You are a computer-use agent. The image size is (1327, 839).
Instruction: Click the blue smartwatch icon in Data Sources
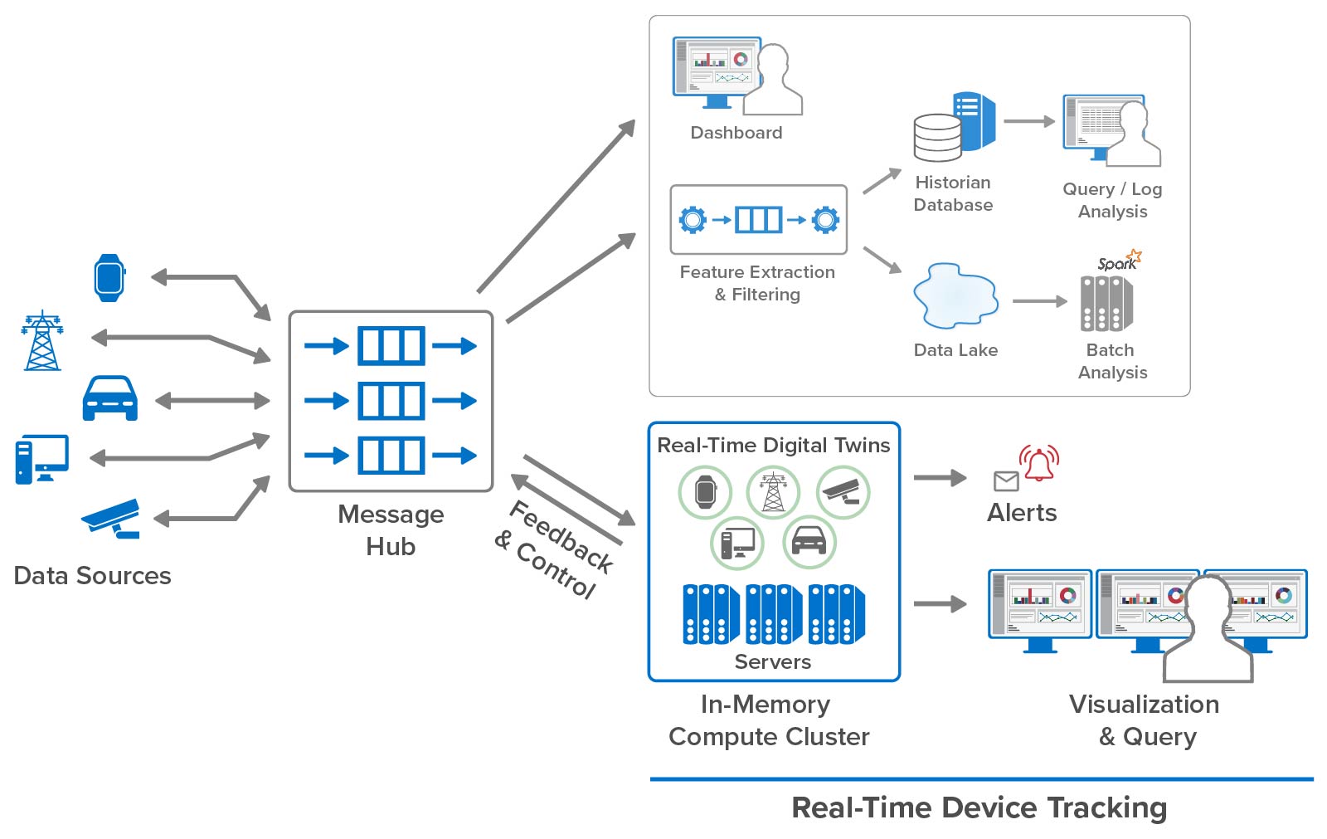[109, 277]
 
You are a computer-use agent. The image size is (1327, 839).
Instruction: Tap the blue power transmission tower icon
[42, 341]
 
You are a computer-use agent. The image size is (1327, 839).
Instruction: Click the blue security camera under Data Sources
[112, 518]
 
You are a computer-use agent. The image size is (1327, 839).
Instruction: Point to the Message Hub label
[391, 530]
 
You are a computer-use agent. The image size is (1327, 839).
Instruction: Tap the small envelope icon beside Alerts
[1006, 480]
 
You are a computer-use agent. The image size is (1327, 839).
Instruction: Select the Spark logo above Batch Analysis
[1119, 261]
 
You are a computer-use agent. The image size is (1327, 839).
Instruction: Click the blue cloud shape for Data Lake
[955, 296]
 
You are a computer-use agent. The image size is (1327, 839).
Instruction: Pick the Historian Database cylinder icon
[938, 137]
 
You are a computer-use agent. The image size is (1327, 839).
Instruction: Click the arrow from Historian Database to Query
[1028, 121]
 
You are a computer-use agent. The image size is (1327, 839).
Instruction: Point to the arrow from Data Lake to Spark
[1039, 301]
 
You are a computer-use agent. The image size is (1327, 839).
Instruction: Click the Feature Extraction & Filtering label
[757, 283]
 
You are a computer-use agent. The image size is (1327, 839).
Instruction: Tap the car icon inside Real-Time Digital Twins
[809, 542]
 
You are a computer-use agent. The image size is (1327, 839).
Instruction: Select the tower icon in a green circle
[773, 491]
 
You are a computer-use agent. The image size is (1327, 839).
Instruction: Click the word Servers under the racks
[772, 661]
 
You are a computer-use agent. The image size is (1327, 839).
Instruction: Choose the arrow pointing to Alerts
[939, 477]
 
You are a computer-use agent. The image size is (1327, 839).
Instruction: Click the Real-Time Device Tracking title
[979, 807]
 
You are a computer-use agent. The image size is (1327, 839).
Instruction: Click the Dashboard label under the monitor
[736, 133]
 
